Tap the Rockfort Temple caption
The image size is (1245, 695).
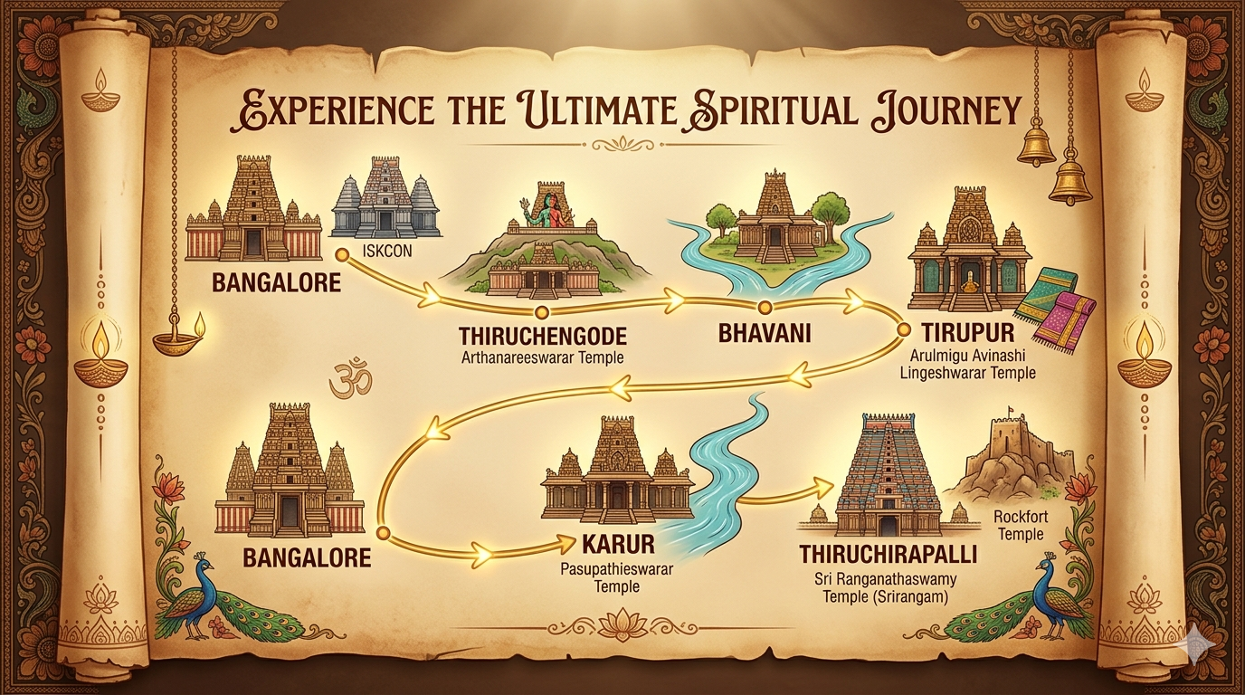tap(1019, 526)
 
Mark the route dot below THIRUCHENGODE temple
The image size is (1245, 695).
tap(541, 313)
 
